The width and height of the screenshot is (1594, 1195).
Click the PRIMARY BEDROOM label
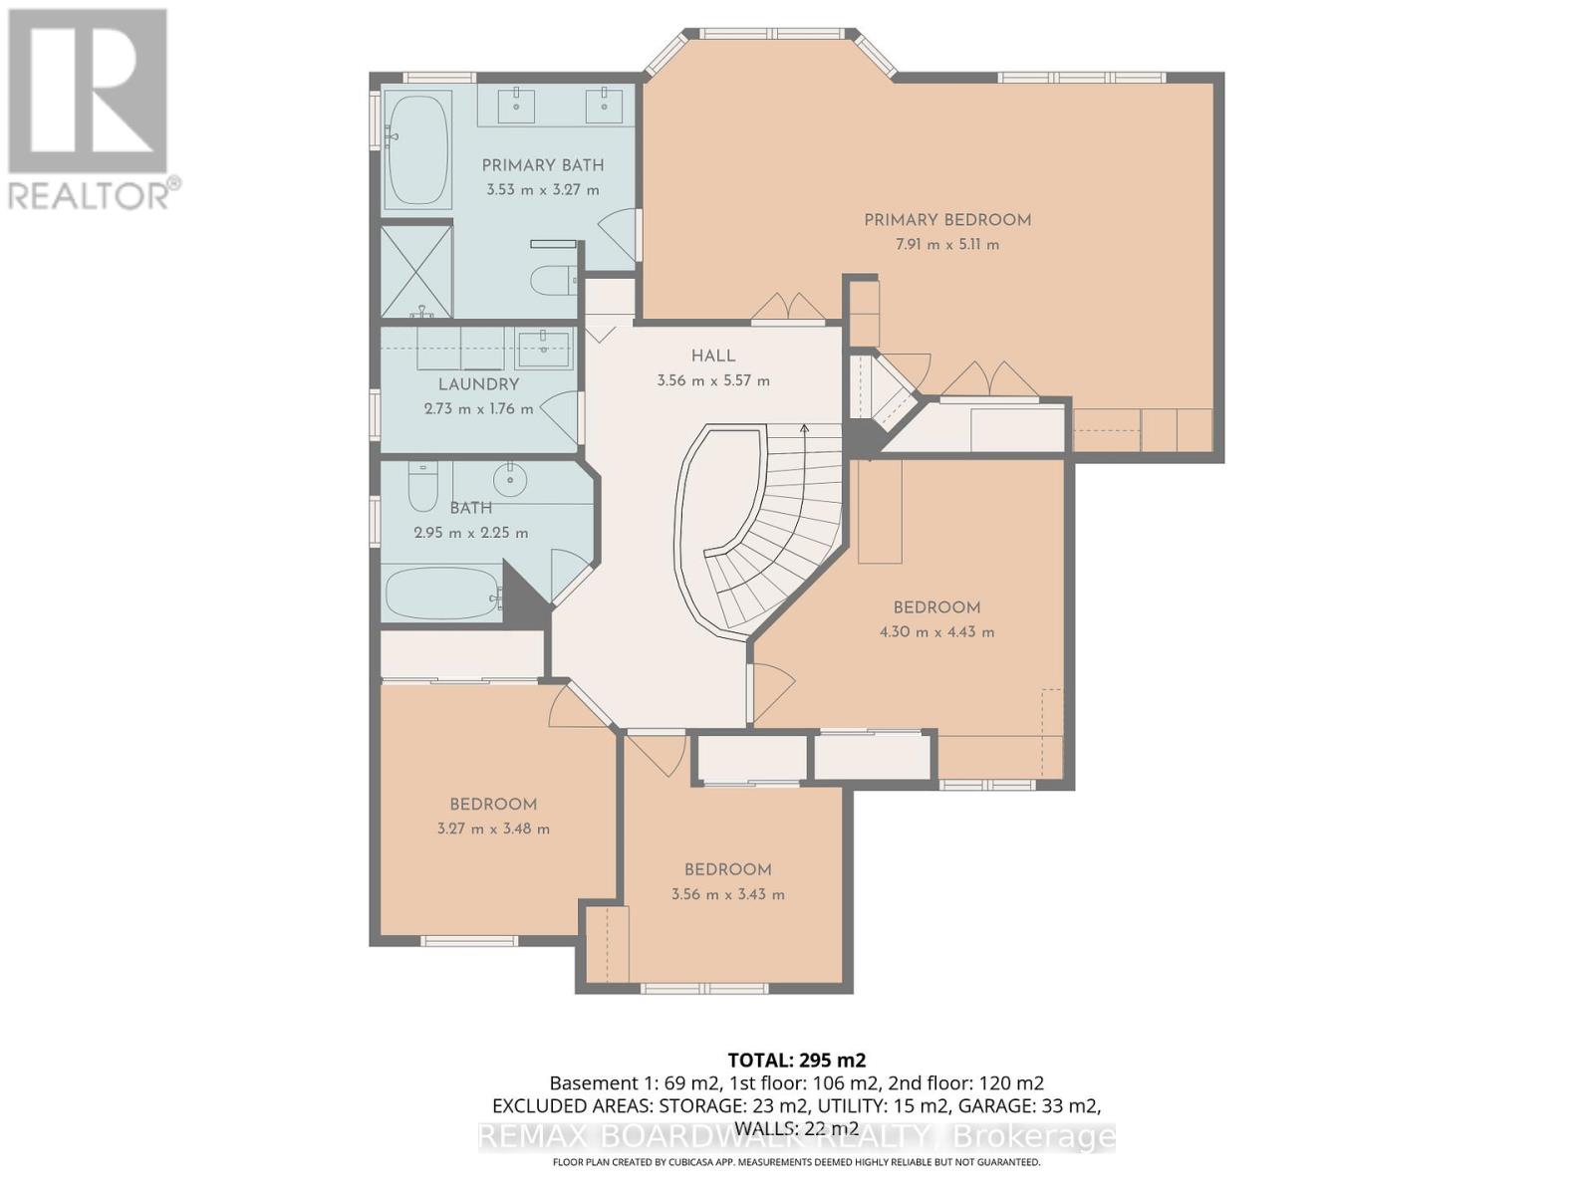(947, 220)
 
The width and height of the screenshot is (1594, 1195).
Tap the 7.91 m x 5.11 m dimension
(947, 245)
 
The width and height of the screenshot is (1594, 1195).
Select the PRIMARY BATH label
(543, 165)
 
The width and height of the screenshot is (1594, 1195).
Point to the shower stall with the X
(416, 271)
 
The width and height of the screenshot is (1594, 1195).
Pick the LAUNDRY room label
(478, 384)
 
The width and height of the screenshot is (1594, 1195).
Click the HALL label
(713, 357)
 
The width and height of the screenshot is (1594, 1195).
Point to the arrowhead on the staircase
(804, 428)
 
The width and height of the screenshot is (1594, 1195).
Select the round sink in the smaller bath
(509, 479)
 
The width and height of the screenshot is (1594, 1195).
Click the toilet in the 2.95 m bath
(422, 485)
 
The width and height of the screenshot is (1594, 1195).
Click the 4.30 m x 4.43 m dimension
(936, 632)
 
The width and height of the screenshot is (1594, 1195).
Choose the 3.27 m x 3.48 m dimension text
(493, 829)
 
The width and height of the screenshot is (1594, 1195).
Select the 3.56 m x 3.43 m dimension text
(727, 894)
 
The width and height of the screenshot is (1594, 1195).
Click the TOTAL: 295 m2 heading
(797, 1060)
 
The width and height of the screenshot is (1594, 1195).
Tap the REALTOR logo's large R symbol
(87, 91)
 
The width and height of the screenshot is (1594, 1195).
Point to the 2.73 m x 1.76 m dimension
(478, 409)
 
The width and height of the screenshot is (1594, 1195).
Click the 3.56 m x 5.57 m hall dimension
(713, 381)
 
